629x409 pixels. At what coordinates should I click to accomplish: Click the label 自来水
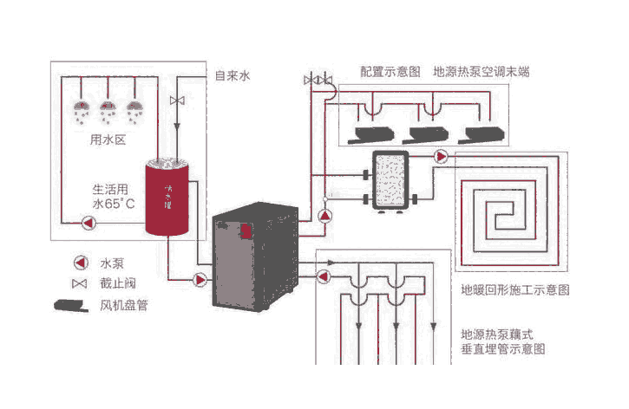click(233, 76)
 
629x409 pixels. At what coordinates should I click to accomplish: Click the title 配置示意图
click(390, 71)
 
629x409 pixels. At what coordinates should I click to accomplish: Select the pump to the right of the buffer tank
click(442, 157)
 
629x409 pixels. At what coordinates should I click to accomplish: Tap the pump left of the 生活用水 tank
click(88, 223)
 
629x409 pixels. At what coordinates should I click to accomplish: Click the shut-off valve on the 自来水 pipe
click(177, 101)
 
